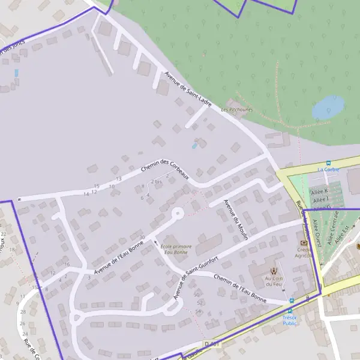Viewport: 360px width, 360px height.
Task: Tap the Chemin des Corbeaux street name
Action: pos(165,169)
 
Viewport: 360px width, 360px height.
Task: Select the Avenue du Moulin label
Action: pos(236,220)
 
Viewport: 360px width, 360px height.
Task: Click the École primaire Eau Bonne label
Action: pos(176,249)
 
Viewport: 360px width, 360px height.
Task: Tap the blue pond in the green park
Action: pos(328,108)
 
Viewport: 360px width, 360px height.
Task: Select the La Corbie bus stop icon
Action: pos(328,163)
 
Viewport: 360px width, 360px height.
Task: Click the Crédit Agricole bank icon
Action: pos(304,242)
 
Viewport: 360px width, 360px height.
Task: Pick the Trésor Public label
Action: pos(290,320)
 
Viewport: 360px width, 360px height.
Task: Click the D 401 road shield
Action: pos(210,344)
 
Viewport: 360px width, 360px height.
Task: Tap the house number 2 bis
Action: pos(157,182)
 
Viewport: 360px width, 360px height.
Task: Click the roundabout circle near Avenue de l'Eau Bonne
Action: pos(177,213)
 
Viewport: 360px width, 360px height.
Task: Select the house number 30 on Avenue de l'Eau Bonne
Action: pos(142,238)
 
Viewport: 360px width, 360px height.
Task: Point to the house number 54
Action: pos(199,311)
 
